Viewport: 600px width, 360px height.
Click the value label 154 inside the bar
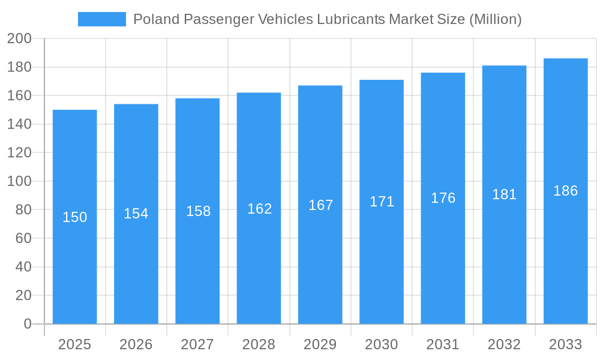(136, 214)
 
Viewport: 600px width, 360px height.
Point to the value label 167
(320, 205)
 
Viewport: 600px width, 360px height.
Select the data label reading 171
(382, 202)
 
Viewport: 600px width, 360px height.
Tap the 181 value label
(504, 194)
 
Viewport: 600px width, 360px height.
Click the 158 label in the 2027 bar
(198, 211)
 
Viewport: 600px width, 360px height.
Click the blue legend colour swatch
(101, 19)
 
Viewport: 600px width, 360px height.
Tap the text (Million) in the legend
(495, 19)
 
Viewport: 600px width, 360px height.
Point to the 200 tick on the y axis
(19, 39)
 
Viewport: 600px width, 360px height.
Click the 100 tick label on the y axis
(19, 181)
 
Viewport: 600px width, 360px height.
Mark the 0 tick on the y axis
(27, 324)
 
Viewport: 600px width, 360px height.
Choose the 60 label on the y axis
(23, 238)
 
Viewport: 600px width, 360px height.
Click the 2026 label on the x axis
(136, 344)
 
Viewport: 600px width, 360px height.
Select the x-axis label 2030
(382, 344)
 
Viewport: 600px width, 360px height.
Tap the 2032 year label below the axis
(504, 344)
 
